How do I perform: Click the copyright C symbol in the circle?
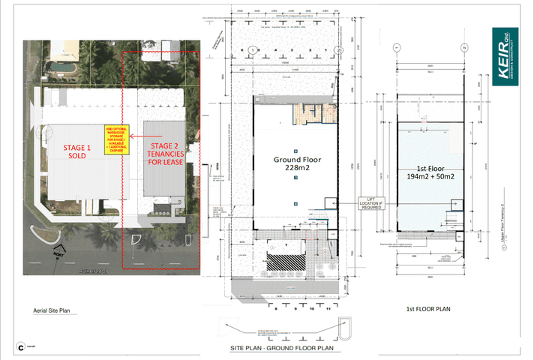pyautogui.click(x=22, y=346)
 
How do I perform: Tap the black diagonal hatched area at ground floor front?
pyautogui.click(x=286, y=262)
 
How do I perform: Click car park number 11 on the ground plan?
pyautogui.click(x=328, y=307)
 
